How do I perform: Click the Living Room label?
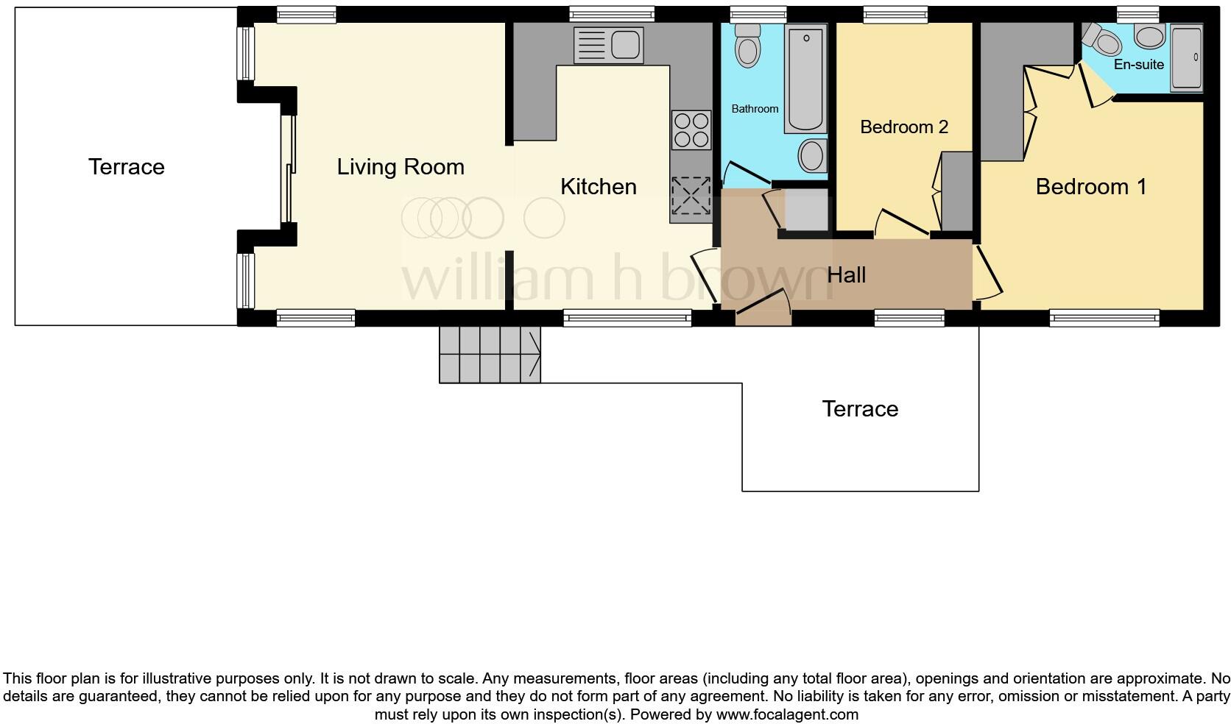(401, 167)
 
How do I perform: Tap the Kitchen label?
(598, 187)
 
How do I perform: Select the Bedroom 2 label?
(903, 127)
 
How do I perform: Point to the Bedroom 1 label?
(1090, 187)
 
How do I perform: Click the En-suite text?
(1138, 65)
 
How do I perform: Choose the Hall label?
(846, 275)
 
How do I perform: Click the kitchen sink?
(608, 44)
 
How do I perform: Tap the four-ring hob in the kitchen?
(691, 129)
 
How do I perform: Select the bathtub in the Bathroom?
(805, 77)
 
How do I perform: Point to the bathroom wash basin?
(811, 155)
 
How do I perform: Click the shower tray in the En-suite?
(1186, 59)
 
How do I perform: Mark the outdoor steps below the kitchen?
(490, 355)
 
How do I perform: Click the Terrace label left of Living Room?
(126, 167)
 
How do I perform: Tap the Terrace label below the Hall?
(859, 409)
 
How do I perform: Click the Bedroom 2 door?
(900, 224)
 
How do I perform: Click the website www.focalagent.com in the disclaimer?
(787, 714)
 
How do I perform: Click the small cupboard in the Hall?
(805, 210)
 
